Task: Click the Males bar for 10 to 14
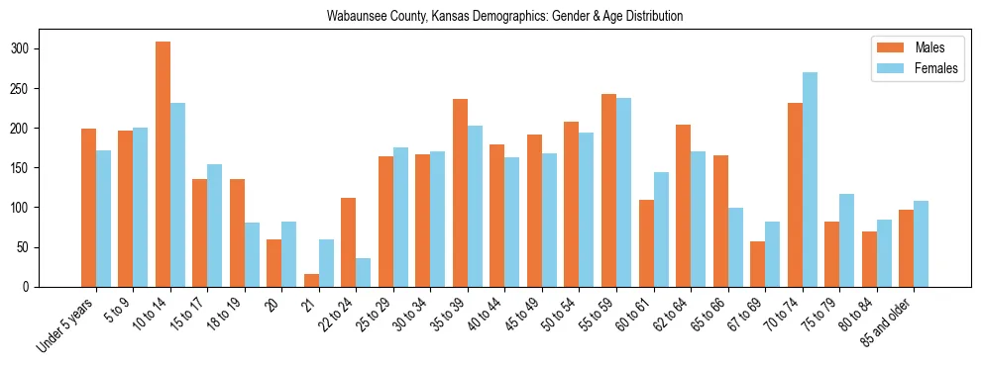(x=163, y=164)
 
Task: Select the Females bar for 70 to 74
(x=810, y=179)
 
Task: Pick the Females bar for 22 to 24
(x=364, y=272)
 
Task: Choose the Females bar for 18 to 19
(x=252, y=254)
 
